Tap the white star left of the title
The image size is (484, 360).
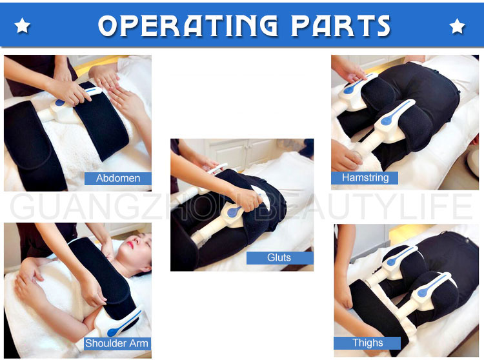pyautogui.click(x=23, y=26)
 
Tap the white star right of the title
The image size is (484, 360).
pyautogui.click(x=458, y=26)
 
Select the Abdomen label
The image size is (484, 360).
pyautogui.click(x=118, y=178)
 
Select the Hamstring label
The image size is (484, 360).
pyautogui.click(x=365, y=177)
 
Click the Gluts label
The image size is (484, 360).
pyautogui.click(x=279, y=257)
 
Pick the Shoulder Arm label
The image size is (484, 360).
pyautogui.click(x=117, y=343)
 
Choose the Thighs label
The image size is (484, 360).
pyautogui.click(x=367, y=343)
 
